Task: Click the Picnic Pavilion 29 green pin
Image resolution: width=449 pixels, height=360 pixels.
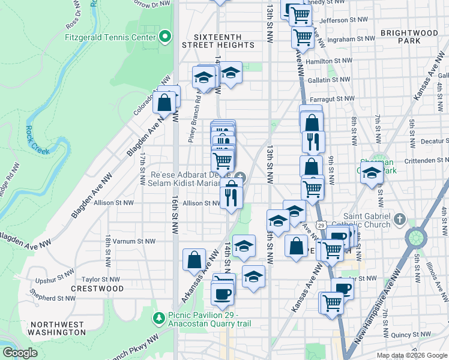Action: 160,316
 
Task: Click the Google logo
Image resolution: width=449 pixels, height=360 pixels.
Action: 20,353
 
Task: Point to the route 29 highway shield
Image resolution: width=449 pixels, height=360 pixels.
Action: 322,225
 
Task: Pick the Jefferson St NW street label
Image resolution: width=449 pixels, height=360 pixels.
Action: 343,20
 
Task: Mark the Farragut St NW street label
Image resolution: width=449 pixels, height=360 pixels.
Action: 333,98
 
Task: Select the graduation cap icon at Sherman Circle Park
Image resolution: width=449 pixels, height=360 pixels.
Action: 372,173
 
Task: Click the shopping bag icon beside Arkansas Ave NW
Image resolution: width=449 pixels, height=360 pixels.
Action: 194,260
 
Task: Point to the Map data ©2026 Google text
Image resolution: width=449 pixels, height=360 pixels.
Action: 411,355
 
